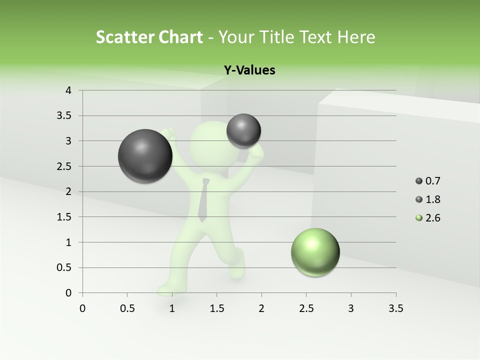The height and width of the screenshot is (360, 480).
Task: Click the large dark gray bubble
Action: click(x=145, y=156)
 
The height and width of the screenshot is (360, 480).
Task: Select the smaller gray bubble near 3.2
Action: click(x=243, y=131)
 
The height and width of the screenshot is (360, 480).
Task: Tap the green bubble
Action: click(x=315, y=252)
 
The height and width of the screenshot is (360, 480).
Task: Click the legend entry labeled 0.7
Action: click(x=428, y=181)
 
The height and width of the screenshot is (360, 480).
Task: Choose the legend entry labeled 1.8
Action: click(x=428, y=199)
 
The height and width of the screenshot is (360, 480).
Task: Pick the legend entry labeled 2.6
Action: click(x=428, y=218)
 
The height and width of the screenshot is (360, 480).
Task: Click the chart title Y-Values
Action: click(x=249, y=70)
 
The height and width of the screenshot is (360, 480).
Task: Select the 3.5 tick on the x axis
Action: click(x=395, y=308)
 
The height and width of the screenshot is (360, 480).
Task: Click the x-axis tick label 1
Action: click(x=172, y=308)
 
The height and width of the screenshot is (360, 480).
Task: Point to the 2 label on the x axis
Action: click(x=261, y=308)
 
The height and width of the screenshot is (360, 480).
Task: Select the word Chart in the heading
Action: click(x=180, y=37)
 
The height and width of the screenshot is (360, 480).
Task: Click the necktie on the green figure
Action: click(x=203, y=199)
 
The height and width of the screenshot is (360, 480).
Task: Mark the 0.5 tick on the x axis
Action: click(x=127, y=308)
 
